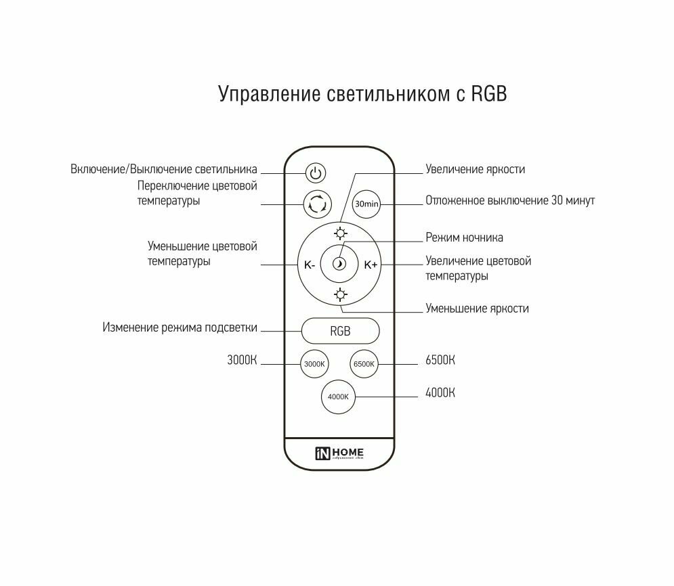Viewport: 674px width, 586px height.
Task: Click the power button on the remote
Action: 315,173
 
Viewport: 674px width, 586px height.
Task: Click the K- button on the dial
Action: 309,265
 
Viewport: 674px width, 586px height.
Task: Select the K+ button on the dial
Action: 371,265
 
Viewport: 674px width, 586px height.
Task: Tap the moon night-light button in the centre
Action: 340,265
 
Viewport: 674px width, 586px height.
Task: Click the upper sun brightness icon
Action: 340,235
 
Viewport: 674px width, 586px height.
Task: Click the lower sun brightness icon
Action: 340,294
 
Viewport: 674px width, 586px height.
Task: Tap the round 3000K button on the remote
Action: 314,364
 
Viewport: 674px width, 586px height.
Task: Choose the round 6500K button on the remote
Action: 364,364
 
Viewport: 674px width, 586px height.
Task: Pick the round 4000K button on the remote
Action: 337,397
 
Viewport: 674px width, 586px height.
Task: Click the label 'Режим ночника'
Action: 464,238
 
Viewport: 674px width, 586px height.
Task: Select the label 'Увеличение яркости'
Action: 475,169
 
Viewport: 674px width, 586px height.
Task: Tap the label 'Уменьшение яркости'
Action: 477,309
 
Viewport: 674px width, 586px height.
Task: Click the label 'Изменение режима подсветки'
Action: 180,328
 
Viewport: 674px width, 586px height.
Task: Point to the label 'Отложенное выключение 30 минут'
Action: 510,201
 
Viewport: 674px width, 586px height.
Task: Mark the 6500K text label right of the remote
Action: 440,360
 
